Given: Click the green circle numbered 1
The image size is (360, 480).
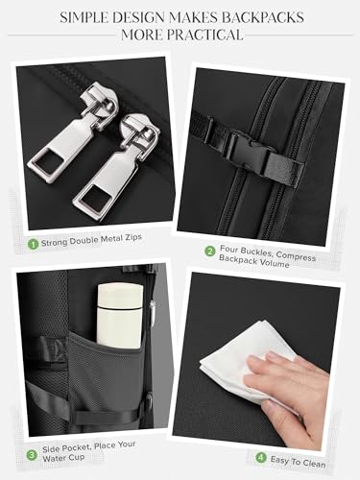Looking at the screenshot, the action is (x=33, y=244).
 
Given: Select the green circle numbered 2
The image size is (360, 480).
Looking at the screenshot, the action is (x=210, y=251).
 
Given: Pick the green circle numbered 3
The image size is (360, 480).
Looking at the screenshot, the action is (x=32, y=455).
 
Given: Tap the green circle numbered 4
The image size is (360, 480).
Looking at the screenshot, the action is (x=261, y=458).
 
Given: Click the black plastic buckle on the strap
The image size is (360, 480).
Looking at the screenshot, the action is (x=252, y=151).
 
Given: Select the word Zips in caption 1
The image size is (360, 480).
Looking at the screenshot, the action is (x=131, y=238).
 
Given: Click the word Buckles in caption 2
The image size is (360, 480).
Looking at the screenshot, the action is (x=255, y=252).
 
